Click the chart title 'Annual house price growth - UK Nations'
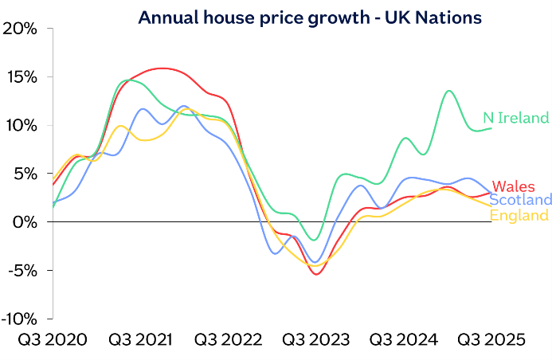310,18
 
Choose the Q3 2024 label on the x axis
403,340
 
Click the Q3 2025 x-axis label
491,340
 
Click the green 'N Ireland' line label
516,118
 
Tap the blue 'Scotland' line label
520,200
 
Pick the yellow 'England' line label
519,215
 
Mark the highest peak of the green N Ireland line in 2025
448,91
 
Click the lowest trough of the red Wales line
318,274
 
